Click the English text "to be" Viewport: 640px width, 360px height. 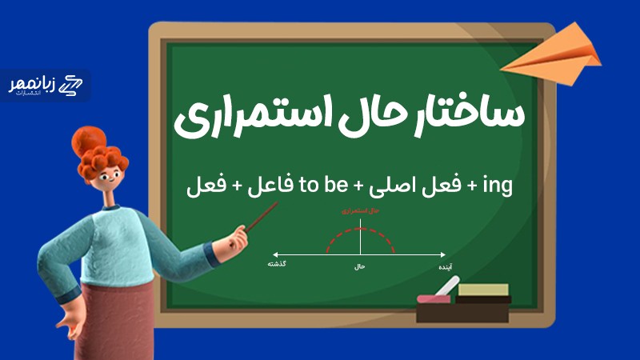[321, 187]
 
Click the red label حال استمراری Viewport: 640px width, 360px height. [360, 211]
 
